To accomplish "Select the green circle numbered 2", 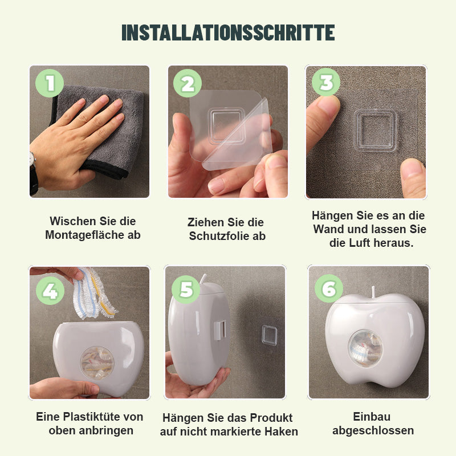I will point(188,84).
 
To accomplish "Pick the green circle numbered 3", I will point(326,83).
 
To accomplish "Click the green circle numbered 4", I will point(50,291).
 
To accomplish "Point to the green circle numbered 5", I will point(186,290).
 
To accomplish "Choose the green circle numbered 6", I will point(329,290).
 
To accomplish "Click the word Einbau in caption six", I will point(372,417).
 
